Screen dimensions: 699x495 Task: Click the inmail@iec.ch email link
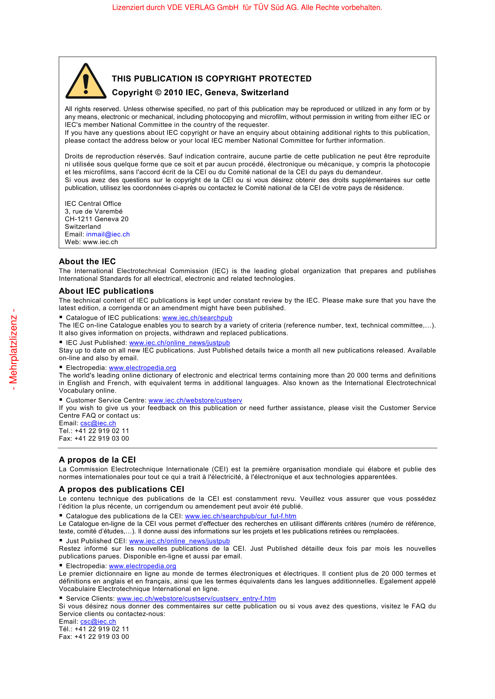pyautogui.click(x=108, y=234)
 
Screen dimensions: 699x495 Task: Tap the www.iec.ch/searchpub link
pyautogui.click(x=197, y=318)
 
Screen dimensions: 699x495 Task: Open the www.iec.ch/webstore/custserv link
pyautogui.click(x=195, y=400)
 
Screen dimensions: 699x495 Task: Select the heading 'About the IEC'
pyautogui.click(x=87, y=261)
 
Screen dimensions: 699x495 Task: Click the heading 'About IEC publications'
pyautogui.click(x=106, y=291)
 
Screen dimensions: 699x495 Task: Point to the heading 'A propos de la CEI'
pyautogui.click(x=97, y=459)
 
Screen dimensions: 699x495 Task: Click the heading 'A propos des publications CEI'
pyautogui.click(x=121, y=489)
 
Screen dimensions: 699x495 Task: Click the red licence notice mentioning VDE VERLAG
pyautogui.click(x=247, y=7)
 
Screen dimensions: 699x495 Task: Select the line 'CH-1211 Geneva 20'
pyautogui.click(x=96, y=219)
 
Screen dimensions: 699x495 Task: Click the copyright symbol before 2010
pyautogui.click(x=158, y=92)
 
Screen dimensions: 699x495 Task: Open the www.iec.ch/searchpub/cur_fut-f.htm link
pyautogui.click(x=241, y=516)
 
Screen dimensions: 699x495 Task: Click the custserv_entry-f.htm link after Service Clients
pyautogui.click(x=196, y=598)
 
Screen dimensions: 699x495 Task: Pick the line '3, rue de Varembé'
pyautogui.click(x=94, y=211)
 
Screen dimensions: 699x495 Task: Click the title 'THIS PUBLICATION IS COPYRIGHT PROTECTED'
pyautogui.click(x=212, y=79)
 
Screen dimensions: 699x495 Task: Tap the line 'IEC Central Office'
pyautogui.click(x=93, y=204)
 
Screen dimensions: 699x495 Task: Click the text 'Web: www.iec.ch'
pyautogui.click(x=91, y=242)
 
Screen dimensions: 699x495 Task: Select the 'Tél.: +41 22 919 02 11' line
pyautogui.click(x=94, y=629)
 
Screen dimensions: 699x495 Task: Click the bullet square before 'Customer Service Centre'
pyautogui.click(x=61, y=400)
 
